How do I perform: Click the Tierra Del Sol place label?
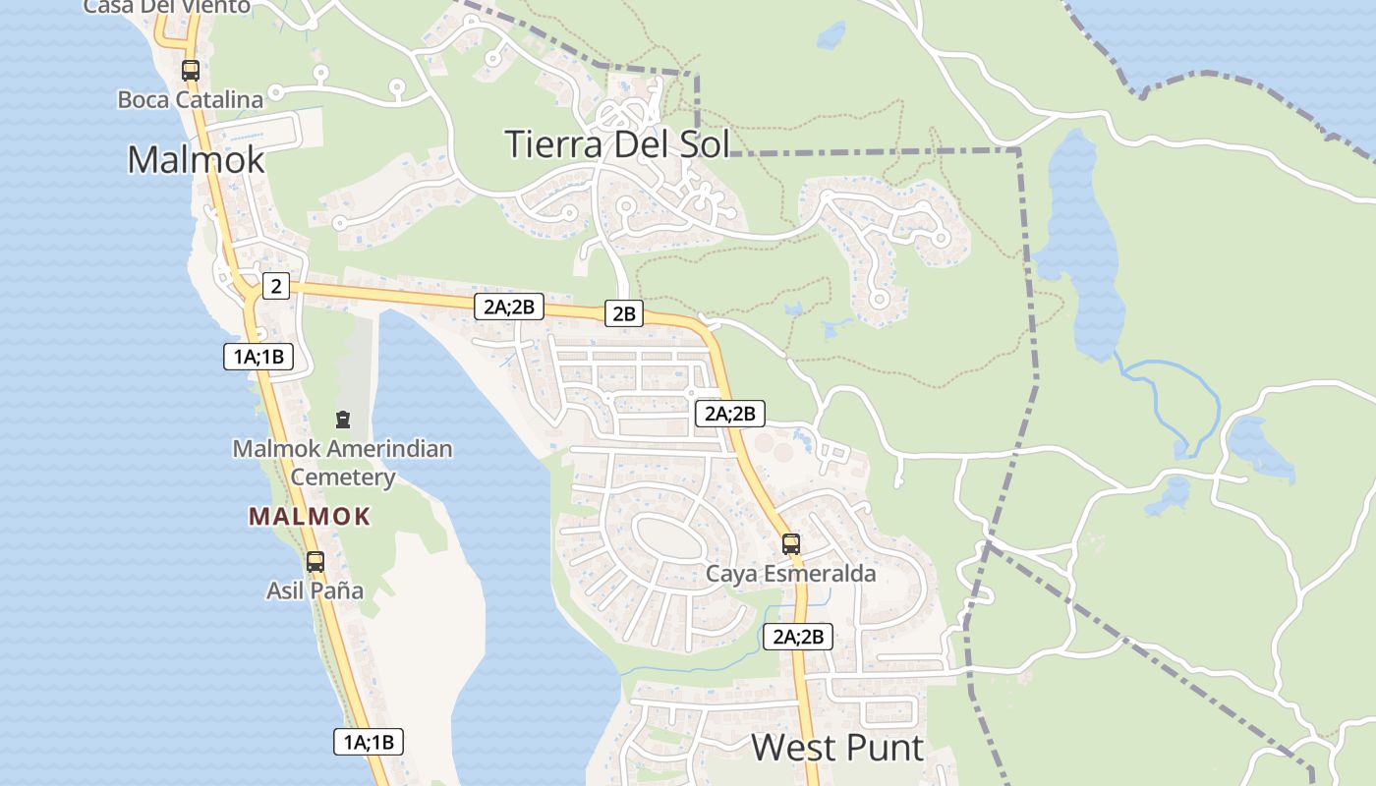617,143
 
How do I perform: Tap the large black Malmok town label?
196,158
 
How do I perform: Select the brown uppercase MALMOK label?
310,516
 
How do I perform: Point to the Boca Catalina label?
191,99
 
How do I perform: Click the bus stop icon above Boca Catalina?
191,71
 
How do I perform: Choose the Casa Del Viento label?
167,7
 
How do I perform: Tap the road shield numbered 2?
276,287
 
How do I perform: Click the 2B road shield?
624,314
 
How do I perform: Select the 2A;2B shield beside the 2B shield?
508,307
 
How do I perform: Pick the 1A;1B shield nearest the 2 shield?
258,356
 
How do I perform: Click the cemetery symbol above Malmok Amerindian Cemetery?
343,421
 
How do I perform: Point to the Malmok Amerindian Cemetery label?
343,463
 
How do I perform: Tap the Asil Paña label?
315,590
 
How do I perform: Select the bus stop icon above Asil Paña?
315,562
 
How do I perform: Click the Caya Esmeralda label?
791,573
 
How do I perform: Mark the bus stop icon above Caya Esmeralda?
791,543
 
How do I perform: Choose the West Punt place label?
837,748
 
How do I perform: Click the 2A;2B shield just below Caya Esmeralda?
798,637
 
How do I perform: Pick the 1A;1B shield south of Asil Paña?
369,742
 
